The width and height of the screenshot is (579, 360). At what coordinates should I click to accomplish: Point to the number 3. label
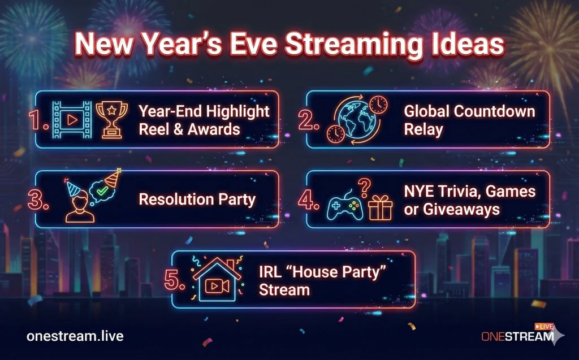coord(39,199)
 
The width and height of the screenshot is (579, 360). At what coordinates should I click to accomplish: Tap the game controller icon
coord(345,205)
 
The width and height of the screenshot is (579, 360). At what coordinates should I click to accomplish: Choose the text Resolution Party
coord(197,199)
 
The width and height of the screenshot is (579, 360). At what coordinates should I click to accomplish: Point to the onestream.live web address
coord(75,336)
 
